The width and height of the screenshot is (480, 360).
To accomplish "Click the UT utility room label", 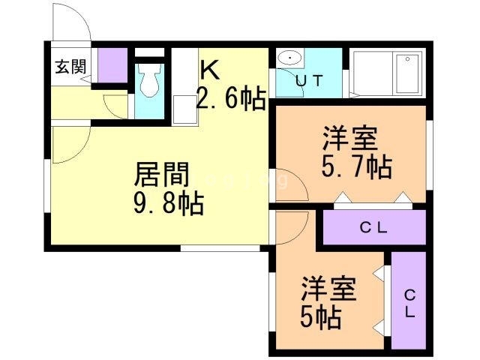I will [308, 82].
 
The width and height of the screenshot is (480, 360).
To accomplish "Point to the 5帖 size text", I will [321, 318].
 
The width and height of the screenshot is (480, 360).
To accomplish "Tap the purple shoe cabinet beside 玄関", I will [113, 65].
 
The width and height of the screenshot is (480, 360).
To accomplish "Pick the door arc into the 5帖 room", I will [287, 229].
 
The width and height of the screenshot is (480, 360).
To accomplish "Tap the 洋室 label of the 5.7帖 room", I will [350, 139].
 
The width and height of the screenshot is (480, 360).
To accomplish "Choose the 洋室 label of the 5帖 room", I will [328, 289].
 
